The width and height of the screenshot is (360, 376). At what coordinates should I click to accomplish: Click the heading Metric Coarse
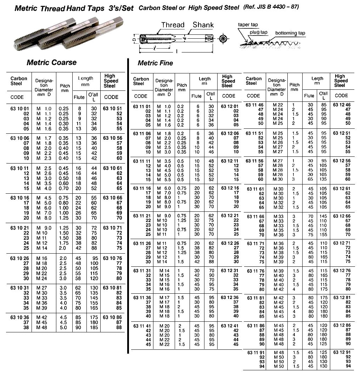(51, 62)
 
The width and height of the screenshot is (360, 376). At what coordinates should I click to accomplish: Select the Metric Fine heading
(155, 63)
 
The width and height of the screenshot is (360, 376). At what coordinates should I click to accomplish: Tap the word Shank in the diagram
(203, 24)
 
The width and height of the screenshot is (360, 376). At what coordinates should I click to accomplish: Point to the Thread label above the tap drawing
(173, 25)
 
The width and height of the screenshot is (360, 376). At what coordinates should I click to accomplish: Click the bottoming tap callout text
(290, 33)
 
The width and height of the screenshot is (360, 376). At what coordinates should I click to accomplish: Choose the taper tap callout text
(248, 24)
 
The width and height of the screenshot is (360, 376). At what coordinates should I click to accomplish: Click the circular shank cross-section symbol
(223, 39)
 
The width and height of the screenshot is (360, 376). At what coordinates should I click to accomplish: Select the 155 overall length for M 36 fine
(323, 234)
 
